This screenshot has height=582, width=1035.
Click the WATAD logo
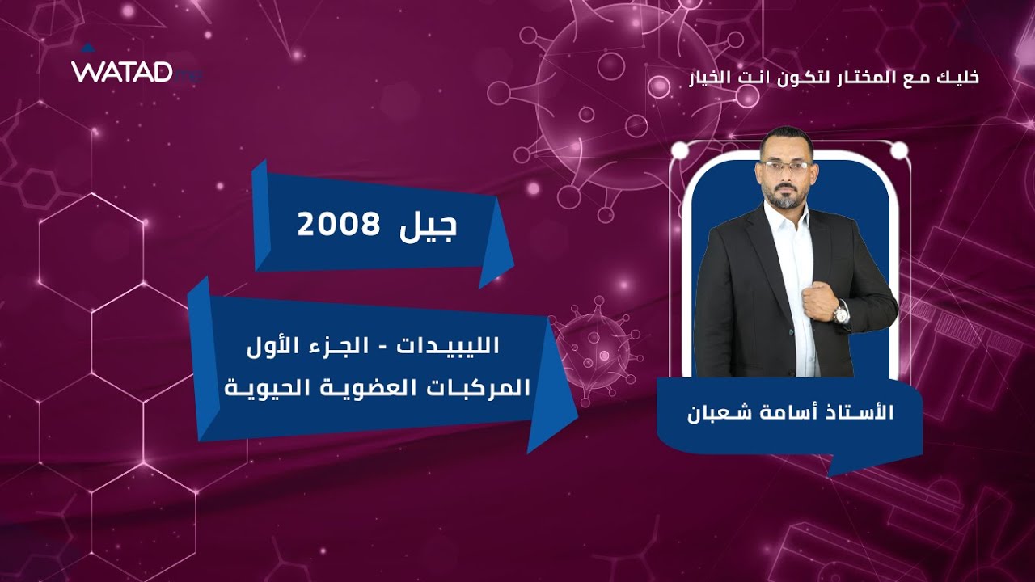coord(123,71)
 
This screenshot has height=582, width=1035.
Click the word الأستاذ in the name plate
coord(860,412)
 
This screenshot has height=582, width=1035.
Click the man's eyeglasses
coord(785,167)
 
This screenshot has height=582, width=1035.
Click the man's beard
coord(784,194)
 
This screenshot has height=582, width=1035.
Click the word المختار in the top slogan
coord(872,78)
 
